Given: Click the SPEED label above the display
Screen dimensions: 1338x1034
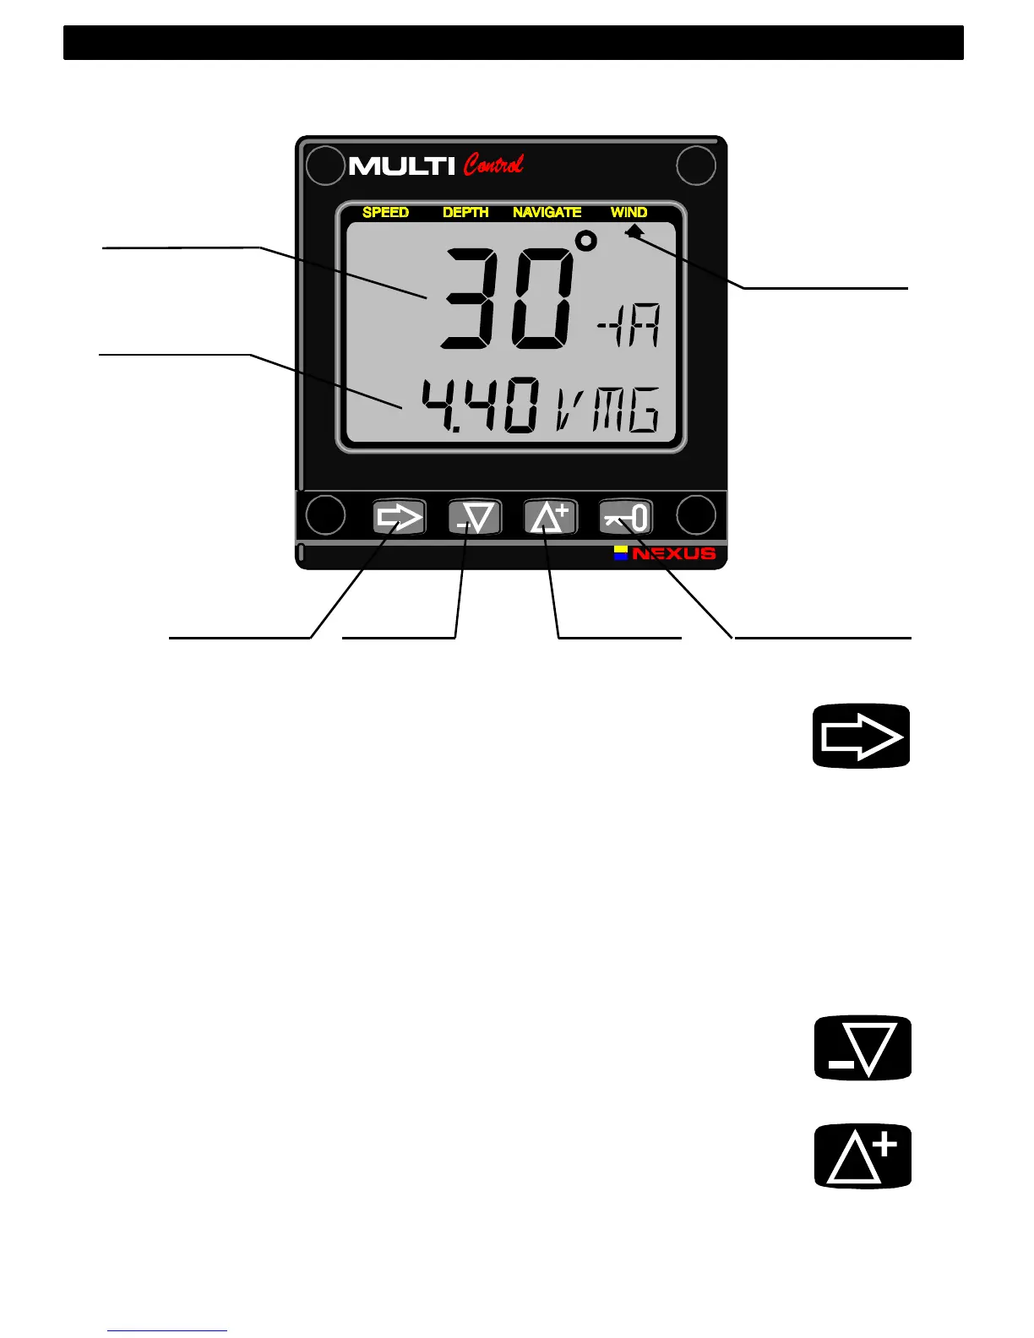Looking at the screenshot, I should (x=385, y=212).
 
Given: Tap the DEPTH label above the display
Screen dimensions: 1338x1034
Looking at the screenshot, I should (x=465, y=212).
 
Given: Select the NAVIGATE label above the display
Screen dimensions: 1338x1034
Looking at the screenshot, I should (x=547, y=212).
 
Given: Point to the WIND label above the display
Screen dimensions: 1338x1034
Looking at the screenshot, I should (x=629, y=212).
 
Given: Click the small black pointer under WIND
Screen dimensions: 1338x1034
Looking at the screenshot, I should (x=634, y=231).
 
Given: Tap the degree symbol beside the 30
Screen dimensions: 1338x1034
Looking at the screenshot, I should (x=585, y=242).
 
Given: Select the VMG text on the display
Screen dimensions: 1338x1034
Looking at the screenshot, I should (x=607, y=409).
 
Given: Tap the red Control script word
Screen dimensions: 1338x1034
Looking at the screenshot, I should (x=493, y=164).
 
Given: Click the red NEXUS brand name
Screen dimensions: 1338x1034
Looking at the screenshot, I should (x=673, y=554).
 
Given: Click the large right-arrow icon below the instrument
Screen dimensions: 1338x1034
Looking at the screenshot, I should (x=861, y=736).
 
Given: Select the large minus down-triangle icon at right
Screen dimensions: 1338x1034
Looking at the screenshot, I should (x=863, y=1048).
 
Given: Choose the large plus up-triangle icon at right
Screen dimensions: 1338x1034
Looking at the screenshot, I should (x=863, y=1156).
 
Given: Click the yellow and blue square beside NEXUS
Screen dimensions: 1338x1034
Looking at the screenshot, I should (x=621, y=553).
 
